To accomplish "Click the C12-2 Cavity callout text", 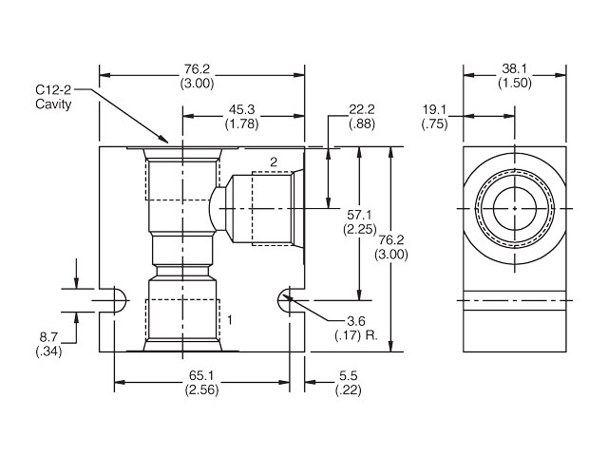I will pyautogui.click(x=51, y=96).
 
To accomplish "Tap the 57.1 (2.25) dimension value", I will pyautogui.click(x=361, y=222).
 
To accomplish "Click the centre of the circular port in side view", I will pyautogui.click(x=514, y=208).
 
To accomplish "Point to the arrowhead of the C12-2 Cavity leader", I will pyautogui.click(x=167, y=142).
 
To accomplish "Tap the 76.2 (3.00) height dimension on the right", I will pyautogui.click(x=391, y=248).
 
